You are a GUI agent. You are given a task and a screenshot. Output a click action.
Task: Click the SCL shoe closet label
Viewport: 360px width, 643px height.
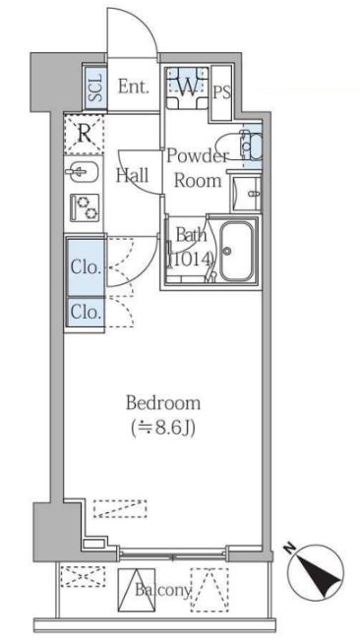[96, 87]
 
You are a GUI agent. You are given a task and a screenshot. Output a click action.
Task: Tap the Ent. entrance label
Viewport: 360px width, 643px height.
[133, 87]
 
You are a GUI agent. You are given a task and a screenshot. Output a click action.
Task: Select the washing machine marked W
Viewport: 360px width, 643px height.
[187, 88]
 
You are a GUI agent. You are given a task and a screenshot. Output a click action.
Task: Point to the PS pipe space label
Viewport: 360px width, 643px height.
[222, 92]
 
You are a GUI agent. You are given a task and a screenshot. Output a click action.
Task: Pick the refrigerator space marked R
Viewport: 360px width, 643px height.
[84, 134]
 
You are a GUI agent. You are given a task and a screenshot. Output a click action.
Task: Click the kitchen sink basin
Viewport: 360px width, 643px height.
[82, 172]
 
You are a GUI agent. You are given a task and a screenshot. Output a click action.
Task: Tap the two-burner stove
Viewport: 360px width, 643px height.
[85, 207]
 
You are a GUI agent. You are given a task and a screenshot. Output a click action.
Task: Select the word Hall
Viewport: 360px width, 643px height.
[132, 175]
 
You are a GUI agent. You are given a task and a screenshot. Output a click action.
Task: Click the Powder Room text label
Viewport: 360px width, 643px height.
[198, 168]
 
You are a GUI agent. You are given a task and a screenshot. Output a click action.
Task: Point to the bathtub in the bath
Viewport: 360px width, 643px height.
[236, 252]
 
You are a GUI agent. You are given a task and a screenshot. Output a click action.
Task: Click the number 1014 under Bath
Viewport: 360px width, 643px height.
[190, 260]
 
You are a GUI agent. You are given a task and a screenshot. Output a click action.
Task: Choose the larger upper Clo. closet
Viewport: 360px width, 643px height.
[86, 267]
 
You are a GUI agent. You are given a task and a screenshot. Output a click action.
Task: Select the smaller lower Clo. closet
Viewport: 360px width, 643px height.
[86, 313]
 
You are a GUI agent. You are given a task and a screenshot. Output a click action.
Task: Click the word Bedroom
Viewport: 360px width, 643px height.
[163, 403]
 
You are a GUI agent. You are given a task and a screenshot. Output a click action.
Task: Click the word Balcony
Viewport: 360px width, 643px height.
[163, 590]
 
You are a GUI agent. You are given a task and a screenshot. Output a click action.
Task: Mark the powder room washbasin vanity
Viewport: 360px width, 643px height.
[246, 193]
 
